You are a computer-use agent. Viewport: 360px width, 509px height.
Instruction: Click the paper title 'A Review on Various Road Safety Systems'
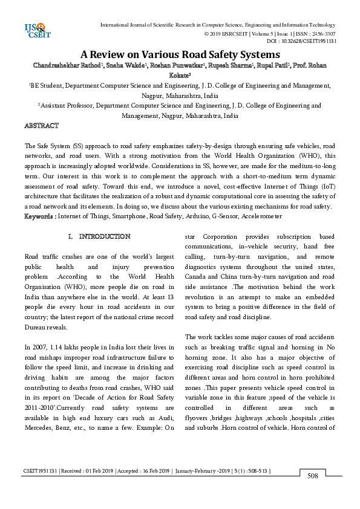[x=180, y=54]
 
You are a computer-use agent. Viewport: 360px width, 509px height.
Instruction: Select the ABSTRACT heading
[x=41, y=126]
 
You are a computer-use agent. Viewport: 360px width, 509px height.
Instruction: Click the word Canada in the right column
[x=196, y=284]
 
